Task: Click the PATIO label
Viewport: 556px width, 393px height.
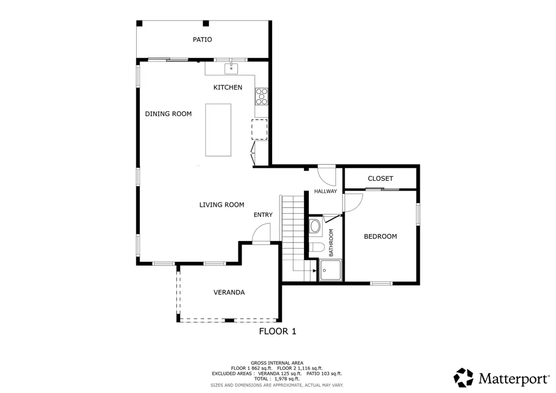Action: click(202, 39)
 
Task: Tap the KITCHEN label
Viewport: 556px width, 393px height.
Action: click(228, 87)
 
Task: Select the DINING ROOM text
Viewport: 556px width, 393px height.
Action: click(168, 114)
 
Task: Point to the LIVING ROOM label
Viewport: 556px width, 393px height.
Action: click(222, 205)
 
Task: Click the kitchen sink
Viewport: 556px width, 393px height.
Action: click(231, 69)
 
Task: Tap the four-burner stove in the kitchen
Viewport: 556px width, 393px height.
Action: click(262, 97)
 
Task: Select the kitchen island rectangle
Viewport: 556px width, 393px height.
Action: click(218, 130)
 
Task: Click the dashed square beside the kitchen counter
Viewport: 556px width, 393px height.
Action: click(260, 129)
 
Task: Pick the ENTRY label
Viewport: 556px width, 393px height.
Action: click(263, 215)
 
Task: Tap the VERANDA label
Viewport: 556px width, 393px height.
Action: click(229, 293)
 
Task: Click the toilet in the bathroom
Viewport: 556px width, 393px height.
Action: click(315, 247)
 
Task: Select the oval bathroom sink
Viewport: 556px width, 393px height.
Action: click(315, 226)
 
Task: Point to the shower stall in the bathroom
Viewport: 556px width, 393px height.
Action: click(330, 270)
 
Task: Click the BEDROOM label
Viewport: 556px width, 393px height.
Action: click(381, 236)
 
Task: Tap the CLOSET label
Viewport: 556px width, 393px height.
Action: click(381, 178)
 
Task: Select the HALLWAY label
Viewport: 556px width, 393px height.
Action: click(326, 192)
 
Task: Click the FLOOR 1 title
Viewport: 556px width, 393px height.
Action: click(277, 331)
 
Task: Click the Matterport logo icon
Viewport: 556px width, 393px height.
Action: click(464, 377)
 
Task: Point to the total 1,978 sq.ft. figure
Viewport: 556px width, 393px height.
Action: click(287, 379)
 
